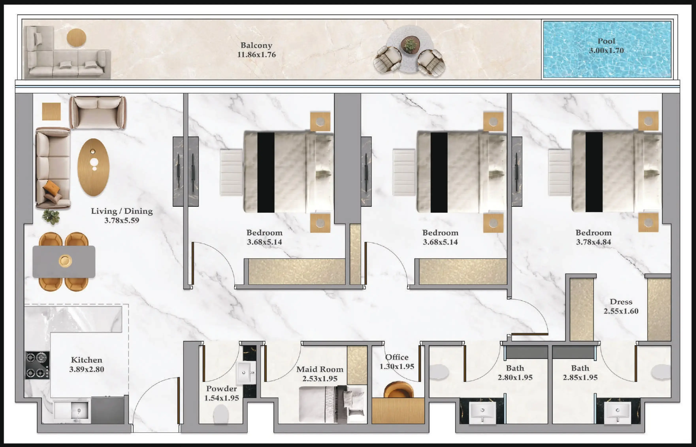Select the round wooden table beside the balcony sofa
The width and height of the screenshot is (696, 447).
click(x=76, y=38)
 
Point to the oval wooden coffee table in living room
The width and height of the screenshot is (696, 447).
click(x=93, y=167)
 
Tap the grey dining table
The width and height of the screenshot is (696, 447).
click(x=64, y=262)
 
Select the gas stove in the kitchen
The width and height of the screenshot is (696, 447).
click(x=37, y=365)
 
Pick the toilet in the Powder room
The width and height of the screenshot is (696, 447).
click(x=221, y=414)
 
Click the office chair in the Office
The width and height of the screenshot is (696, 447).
click(x=398, y=390)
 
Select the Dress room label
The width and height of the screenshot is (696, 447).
click(x=621, y=302)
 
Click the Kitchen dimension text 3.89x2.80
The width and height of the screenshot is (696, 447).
click(x=87, y=369)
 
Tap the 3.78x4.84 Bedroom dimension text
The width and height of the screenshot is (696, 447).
click(x=593, y=242)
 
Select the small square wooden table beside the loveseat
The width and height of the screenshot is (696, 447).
click(x=51, y=111)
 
